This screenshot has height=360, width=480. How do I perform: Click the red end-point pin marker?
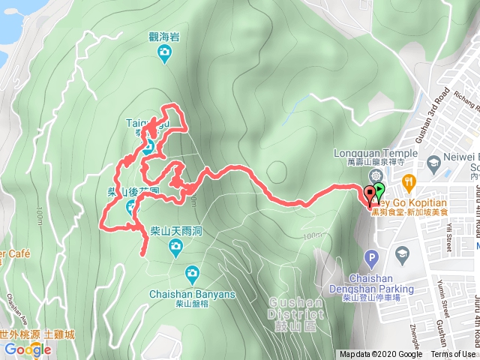370,194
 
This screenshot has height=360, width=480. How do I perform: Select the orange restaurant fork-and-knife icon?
409,181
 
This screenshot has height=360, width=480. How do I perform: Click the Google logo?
28,349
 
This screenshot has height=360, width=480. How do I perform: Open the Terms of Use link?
453,355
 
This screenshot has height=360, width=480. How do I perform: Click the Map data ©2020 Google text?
380,355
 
